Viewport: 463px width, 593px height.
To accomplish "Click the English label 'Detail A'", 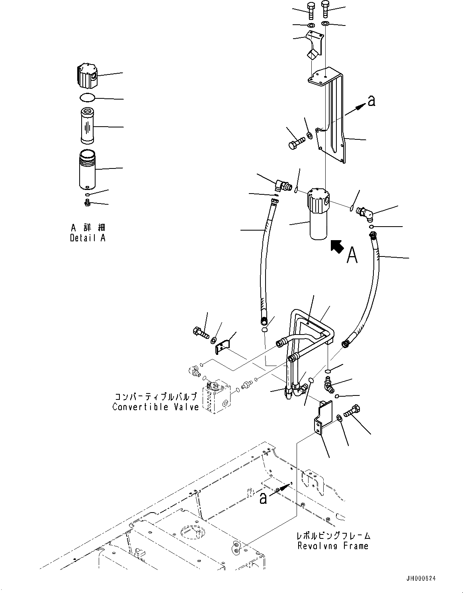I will [x=88, y=238].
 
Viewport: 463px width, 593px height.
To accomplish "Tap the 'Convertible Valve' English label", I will [x=155, y=407].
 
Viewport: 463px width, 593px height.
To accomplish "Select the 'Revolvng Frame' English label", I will [x=333, y=546].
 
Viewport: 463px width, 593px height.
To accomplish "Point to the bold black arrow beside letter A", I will [x=337, y=246].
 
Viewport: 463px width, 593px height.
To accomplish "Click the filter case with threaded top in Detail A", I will [x=87, y=170].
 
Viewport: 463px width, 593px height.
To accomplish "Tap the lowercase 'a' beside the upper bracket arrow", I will [x=371, y=102].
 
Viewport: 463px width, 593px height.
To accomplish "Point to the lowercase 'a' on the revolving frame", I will [x=263, y=498].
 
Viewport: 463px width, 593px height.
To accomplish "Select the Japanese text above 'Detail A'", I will [x=88, y=228].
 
